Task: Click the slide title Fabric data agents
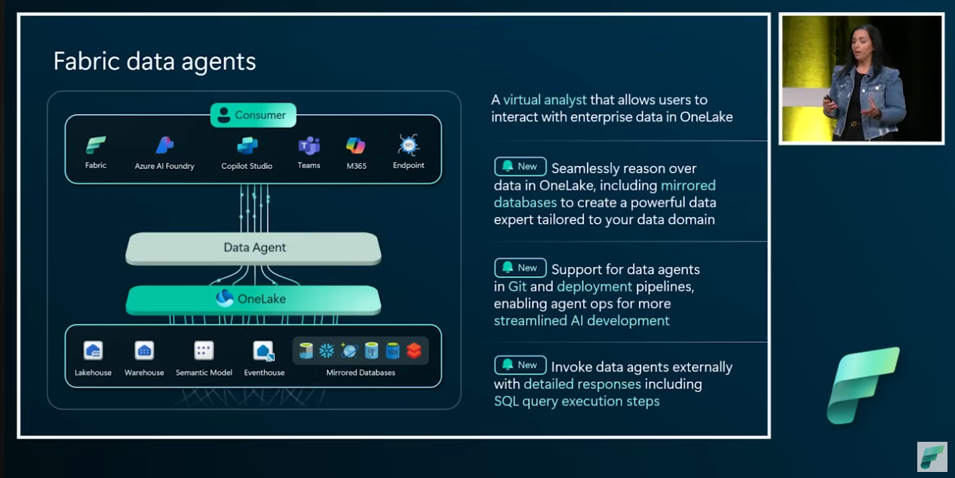tap(155, 61)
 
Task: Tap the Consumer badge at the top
tap(253, 115)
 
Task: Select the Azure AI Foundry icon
tap(164, 146)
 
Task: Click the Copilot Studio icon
tap(247, 146)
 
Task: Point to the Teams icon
tap(309, 146)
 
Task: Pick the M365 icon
tap(355, 146)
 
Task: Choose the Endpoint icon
tap(408, 145)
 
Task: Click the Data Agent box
tap(253, 248)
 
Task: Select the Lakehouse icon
tap(93, 351)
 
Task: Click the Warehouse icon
tap(144, 351)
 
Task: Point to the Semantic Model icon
tap(204, 351)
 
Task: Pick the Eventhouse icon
tap(263, 351)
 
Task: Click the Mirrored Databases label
tap(361, 372)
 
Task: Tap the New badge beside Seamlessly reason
tap(520, 167)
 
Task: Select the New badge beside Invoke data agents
tap(520, 365)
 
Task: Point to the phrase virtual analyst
tap(545, 100)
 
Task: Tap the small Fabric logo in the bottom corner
tap(932, 456)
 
